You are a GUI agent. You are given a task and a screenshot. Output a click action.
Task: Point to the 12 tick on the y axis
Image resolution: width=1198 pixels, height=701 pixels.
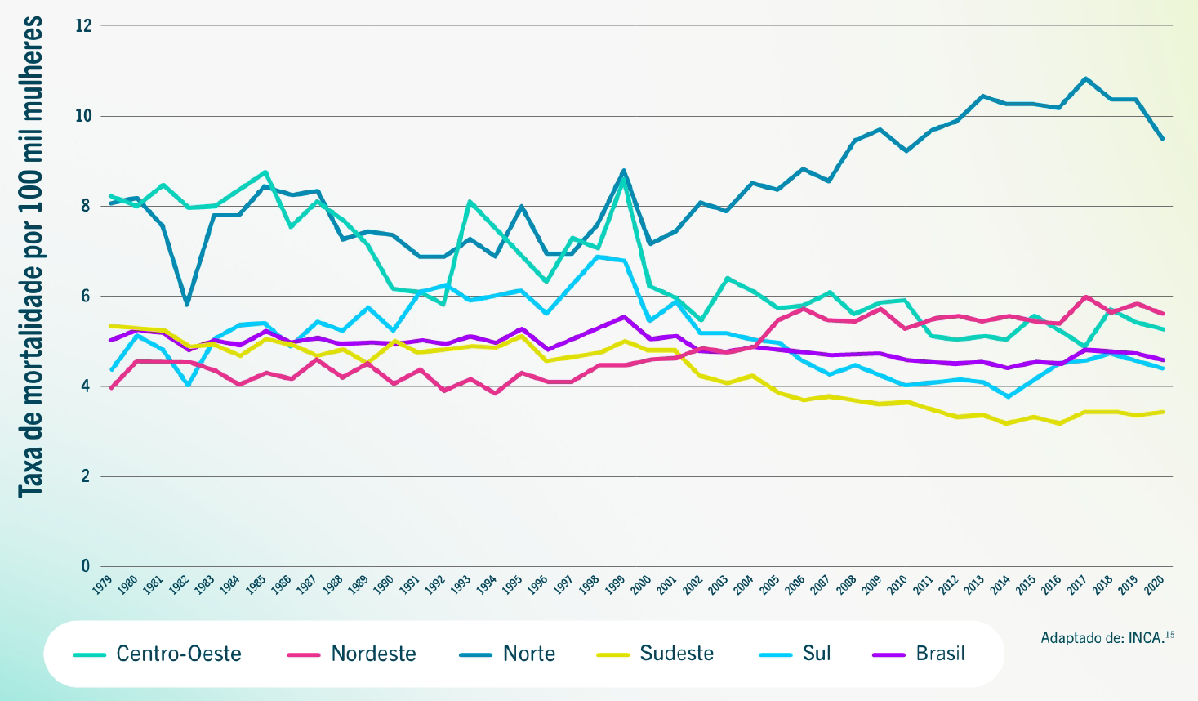coord(83,26)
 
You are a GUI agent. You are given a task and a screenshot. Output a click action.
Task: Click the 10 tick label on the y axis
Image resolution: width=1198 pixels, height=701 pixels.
coord(83,116)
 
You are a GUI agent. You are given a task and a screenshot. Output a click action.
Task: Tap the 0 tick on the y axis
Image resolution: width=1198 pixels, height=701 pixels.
coord(85,565)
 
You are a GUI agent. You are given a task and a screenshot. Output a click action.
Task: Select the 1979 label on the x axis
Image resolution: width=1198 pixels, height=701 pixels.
coord(102,586)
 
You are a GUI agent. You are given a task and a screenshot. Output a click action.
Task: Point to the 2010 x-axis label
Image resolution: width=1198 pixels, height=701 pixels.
coord(897,586)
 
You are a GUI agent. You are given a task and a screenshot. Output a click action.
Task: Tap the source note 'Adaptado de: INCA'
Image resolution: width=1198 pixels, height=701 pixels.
coord(1107,637)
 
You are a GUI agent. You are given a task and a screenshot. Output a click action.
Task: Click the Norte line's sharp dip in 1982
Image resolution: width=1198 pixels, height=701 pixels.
coord(188,304)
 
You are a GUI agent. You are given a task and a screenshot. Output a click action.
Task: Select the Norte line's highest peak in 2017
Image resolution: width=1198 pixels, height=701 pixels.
coord(1085,78)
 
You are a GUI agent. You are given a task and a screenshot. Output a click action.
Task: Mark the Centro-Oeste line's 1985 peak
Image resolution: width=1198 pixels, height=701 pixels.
coord(265,172)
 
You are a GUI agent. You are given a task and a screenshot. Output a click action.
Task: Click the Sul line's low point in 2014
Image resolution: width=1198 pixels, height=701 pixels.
coord(1009,396)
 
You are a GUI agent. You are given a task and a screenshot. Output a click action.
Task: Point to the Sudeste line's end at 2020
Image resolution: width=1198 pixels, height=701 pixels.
coord(1162,412)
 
